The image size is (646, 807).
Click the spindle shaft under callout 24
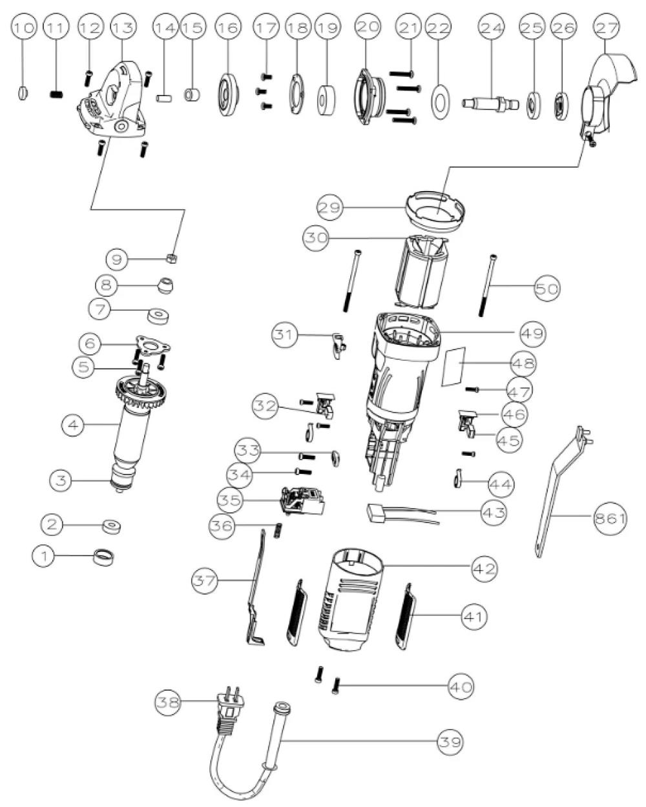click(x=491, y=103)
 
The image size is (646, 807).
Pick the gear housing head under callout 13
click(x=116, y=100)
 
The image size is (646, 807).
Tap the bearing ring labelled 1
click(x=103, y=557)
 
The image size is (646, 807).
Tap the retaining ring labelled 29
click(x=435, y=209)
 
